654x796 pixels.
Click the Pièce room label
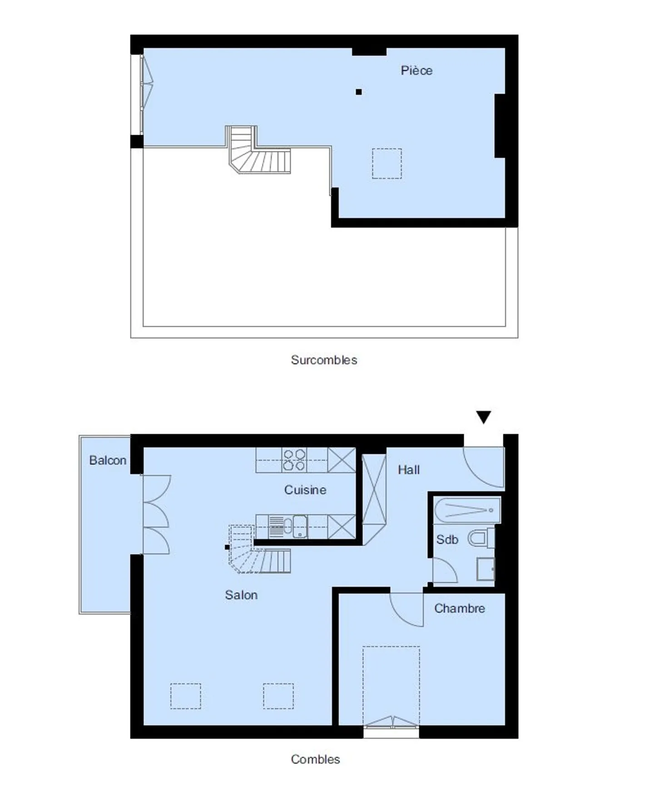(x=416, y=70)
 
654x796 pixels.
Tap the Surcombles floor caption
(x=323, y=360)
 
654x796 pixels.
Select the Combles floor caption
(x=315, y=759)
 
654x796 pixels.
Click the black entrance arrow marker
(x=483, y=417)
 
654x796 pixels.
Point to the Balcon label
(x=108, y=460)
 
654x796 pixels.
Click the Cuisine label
(x=305, y=490)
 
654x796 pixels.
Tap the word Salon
(x=241, y=595)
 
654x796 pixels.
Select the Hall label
(x=408, y=470)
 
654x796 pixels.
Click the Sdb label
(x=447, y=540)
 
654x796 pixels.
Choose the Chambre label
(x=459, y=608)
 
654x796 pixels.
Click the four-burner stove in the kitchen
(x=294, y=460)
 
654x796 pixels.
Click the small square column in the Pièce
(x=359, y=92)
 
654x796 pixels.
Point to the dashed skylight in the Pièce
(x=386, y=163)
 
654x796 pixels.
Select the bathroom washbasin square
(x=485, y=569)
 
